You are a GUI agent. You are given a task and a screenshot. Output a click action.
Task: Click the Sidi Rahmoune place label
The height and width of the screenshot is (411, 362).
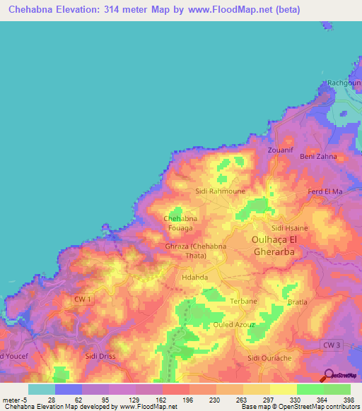coord(220,191)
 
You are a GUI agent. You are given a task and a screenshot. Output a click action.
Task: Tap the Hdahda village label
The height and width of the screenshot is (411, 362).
coord(194,278)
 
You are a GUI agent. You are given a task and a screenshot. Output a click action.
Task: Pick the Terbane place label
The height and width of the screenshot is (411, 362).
coord(244,301)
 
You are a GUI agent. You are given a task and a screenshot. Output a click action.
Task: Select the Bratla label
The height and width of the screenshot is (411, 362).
coord(298,302)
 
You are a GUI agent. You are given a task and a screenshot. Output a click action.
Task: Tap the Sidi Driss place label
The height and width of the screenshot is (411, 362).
coord(100,358)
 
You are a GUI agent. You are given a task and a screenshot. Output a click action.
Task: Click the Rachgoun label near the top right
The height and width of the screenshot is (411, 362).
coord(344,83)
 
